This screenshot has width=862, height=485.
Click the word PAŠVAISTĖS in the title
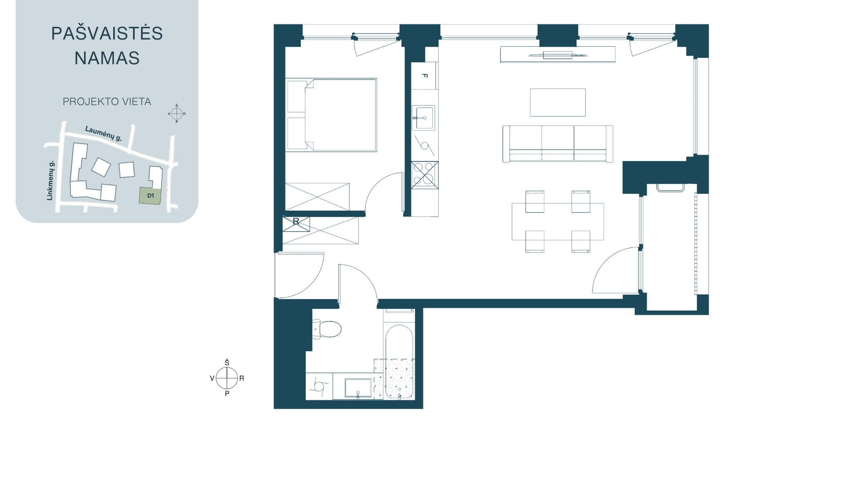(x=107, y=33)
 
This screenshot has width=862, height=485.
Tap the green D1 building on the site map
(x=150, y=196)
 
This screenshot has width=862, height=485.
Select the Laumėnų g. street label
(x=104, y=133)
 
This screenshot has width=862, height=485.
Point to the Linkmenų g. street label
(x=50, y=180)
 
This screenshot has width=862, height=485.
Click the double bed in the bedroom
(x=331, y=115)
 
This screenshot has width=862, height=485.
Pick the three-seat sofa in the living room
(x=558, y=143)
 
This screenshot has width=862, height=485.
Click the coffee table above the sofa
(x=558, y=102)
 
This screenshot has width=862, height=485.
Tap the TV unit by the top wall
(x=558, y=55)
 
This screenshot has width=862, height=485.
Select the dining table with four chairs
(x=558, y=221)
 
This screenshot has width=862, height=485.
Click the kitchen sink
(x=423, y=118)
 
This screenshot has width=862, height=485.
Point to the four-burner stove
(x=425, y=175)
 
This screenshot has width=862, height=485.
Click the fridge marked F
(x=424, y=75)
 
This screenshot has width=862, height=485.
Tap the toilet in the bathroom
(x=327, y=329)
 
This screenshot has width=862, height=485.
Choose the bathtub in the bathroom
(x=399, y=362)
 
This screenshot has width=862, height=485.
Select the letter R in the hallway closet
(x=296, y=222)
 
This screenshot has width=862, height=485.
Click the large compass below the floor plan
(x=227, y=378)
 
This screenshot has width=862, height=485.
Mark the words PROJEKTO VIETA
(x=107, y=101)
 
